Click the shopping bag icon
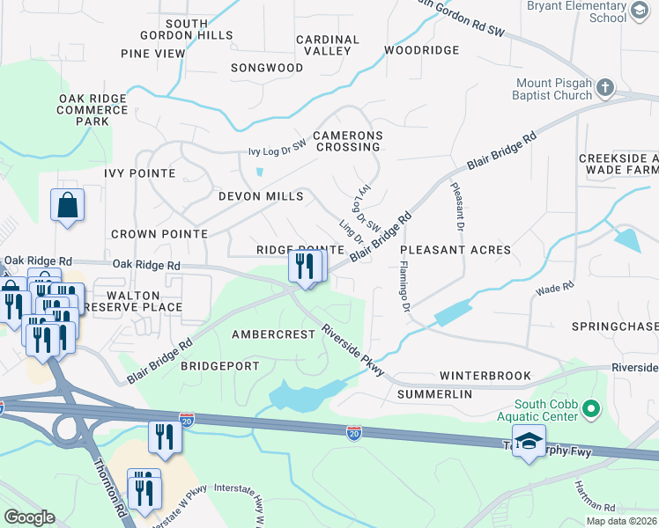click(67, 206)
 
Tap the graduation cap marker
click(529, 442)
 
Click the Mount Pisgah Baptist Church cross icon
click(604, 87)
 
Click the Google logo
click(29, 517)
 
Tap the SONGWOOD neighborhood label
click(267, 68)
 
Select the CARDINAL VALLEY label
click(328, 46)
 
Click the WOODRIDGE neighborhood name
click(421, 51)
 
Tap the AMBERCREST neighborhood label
click(273, 335)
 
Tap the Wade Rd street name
click(555, 288)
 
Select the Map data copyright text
click(621, 521)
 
